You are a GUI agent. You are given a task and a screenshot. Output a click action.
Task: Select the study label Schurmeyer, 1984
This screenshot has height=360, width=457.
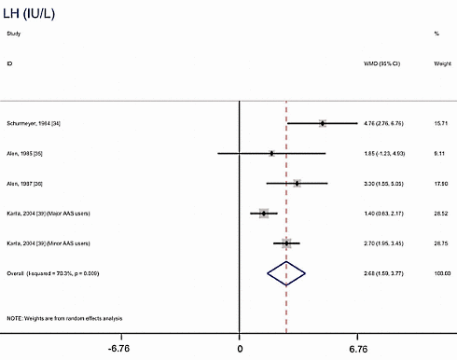35,123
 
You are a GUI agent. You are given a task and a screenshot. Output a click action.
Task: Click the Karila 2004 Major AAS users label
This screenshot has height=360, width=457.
48,214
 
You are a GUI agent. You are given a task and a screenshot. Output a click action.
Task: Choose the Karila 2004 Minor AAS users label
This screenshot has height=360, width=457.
48,243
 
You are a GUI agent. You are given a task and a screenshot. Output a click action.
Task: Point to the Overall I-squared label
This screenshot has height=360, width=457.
52,273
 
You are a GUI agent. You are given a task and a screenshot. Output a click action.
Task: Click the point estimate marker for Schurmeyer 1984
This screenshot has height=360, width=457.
322,123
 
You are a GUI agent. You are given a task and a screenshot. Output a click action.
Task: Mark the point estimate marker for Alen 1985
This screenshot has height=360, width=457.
271,153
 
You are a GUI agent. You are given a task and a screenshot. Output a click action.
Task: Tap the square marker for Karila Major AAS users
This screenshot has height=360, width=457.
264,214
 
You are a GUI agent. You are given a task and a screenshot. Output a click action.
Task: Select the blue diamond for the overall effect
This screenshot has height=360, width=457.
286,273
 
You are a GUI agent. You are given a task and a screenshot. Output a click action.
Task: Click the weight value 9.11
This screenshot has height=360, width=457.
436,153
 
